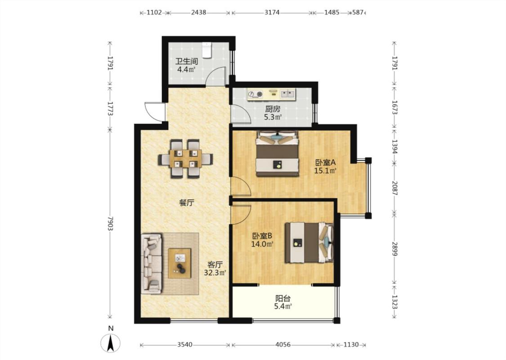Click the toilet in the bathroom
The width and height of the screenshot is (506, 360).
click(x=206, y=51)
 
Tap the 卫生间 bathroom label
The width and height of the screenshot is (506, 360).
click(x=187, y=61)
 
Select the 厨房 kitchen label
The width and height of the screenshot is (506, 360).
click(x=273, y=109)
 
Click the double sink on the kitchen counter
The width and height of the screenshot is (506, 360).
click(x=288, y=94)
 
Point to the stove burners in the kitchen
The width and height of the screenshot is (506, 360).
click(x=255, y=94)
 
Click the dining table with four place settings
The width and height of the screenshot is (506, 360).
click(x=186, y=158)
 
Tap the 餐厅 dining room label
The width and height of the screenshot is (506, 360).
click(x=187, y=203)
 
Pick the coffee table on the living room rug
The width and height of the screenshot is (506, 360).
click(x=179, y=263)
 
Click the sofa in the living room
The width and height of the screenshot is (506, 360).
click(x=151, y=264)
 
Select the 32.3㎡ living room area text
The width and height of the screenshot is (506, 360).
click(x=215, y=273)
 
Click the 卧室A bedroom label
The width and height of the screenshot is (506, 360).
click(x=325, y=162)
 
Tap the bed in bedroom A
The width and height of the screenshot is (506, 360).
click(x=277, y=154)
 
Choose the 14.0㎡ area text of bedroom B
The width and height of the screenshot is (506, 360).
click(x=262, y=244)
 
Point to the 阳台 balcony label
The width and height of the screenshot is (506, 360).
click(x=283, y=299)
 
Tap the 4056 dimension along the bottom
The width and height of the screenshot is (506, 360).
click(x=283, y=345)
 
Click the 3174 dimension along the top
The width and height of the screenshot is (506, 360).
click(x=272, y=13)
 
